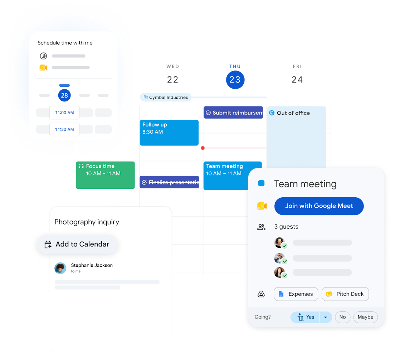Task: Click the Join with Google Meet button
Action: pos(319,206)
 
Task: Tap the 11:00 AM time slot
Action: pos(64,113)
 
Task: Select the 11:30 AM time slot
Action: pos(64,129)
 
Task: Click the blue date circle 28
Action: pos(64,95)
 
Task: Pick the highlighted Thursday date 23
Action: pos(235,80)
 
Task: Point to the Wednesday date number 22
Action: pos(172,79)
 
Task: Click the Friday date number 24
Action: pos(297,79)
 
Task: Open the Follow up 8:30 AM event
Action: pos(169,133)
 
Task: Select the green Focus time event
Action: pos(106,175)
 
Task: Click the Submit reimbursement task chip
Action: pos(233,113)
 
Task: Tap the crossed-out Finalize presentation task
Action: pos(170,182)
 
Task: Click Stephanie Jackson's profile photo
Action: pos(60,268)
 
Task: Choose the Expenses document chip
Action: pos(296,294)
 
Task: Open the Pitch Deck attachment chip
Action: pos(345,294)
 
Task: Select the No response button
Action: pos(342,317)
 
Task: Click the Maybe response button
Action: pos(366,317)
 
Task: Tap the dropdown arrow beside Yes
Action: pos(326,317)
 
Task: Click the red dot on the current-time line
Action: pos(203,148)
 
